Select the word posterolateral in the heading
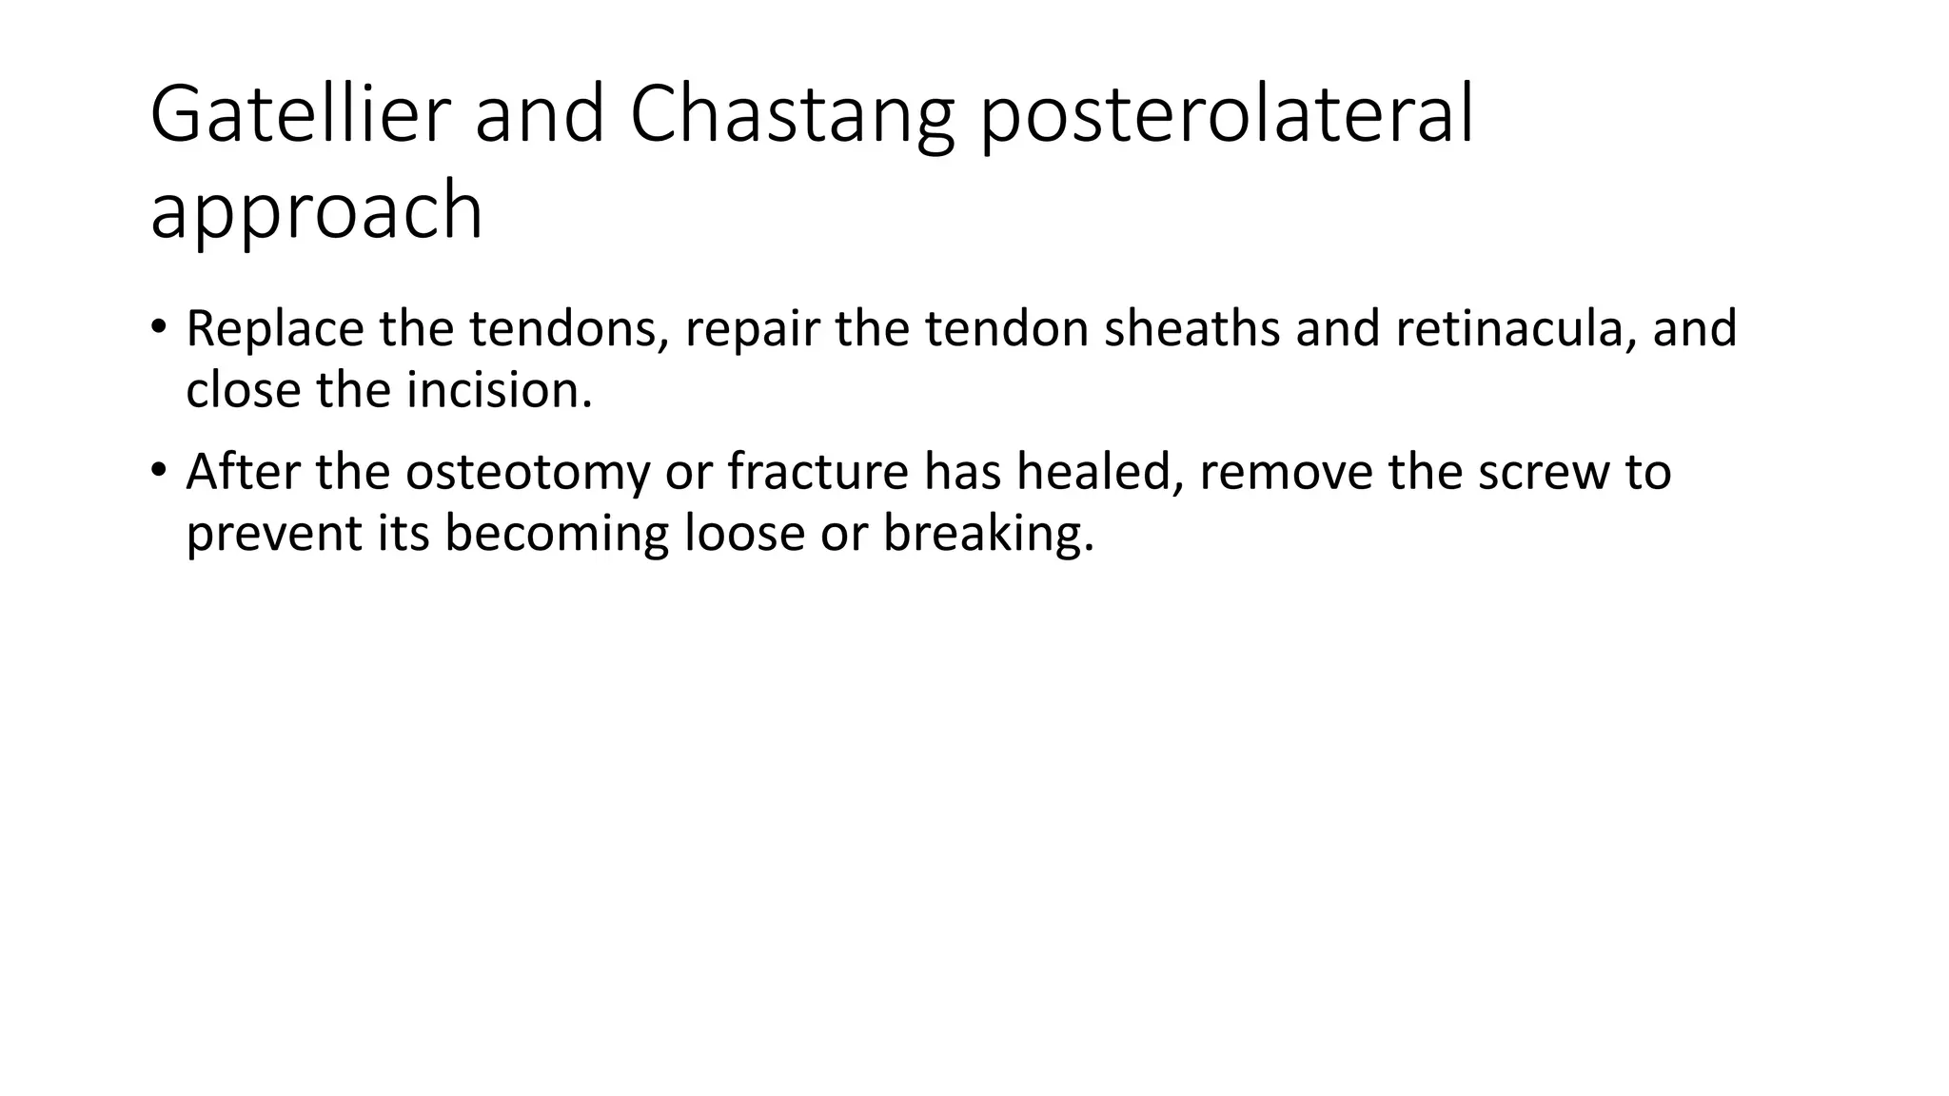point(1227,114)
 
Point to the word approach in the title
point(316,211)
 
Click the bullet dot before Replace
point(158,327)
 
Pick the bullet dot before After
point(158,470)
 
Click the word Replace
point(274,328)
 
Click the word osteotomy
point(527,472)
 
